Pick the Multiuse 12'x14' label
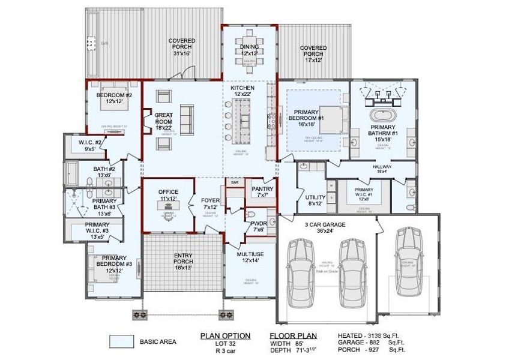coord(250,257)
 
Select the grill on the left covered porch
coord(92,44)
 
